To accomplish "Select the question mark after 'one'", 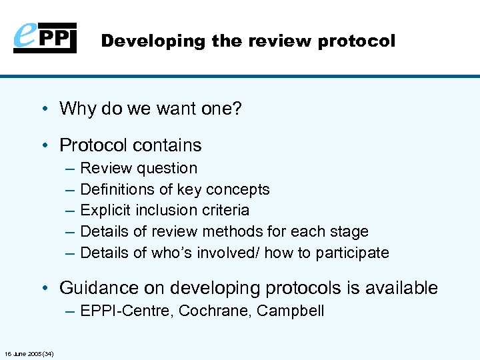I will click(237, 108).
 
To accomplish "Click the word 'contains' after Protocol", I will click(171, 145).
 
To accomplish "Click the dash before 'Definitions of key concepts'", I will click(70, 189).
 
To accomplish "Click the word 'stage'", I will click(349, 231).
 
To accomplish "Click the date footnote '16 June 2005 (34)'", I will click(29, 353).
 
